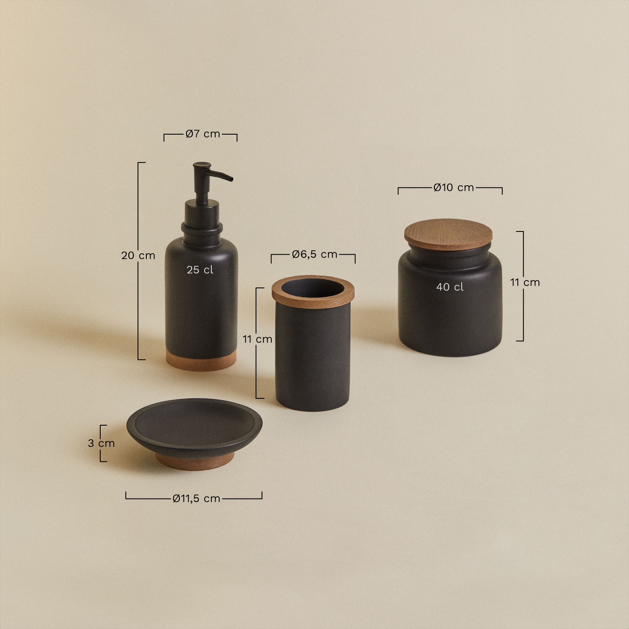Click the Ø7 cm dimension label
(x=203, y=134)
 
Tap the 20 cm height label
(x=138, y=255)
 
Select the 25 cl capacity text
(x=200, y=270)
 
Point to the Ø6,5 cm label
(x=314, y=254)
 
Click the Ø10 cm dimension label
(x=454, y=187)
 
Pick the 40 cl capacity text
(x=450, y=287)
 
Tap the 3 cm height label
(x=101, y=443)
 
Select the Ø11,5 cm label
(x=196, y=498)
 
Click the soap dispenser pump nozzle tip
(x=230, y=179)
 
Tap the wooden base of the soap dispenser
(x=201, y=361)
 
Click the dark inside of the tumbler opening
(x=313, y=288)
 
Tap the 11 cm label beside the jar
(x=525, y=282)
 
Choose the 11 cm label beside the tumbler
(x=257, y=339)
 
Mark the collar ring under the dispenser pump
(x=202, y=229)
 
